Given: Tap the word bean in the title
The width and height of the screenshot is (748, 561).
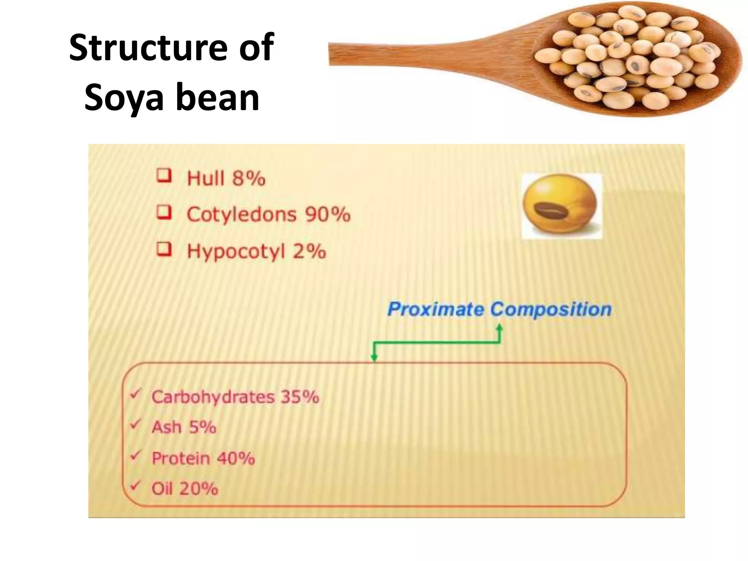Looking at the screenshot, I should coord(218,98).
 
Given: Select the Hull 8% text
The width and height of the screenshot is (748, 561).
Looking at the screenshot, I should coord(226,179).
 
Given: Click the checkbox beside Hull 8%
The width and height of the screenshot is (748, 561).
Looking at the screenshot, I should coord(164,176).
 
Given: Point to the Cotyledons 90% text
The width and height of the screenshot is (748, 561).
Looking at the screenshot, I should coord(268,214).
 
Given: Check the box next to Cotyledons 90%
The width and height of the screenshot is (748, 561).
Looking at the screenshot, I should coord(164,212).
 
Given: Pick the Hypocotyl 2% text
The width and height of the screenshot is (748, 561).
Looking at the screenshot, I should coord(256,252).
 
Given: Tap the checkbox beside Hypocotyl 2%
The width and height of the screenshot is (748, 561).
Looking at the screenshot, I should coord(164,249).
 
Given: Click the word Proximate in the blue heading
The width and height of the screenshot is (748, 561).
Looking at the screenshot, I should coord(435,309).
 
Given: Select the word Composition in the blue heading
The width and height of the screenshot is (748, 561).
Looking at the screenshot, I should coord(551,309).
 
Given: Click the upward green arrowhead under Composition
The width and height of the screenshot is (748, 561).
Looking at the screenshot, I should coord(500,328).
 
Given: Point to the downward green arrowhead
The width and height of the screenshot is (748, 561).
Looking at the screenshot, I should coord(374,357).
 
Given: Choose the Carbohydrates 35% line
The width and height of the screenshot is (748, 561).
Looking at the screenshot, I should coord(235,397).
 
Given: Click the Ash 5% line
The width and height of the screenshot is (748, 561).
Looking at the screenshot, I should coord(184,427).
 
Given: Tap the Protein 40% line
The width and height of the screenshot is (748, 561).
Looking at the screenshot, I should coord(203,458).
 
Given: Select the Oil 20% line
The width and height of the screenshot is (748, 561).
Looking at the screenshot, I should coord(185,488).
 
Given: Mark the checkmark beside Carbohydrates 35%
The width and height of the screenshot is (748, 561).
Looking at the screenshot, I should coord(136,394).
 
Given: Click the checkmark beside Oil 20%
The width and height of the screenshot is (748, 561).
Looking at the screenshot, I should coord(136,485).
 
